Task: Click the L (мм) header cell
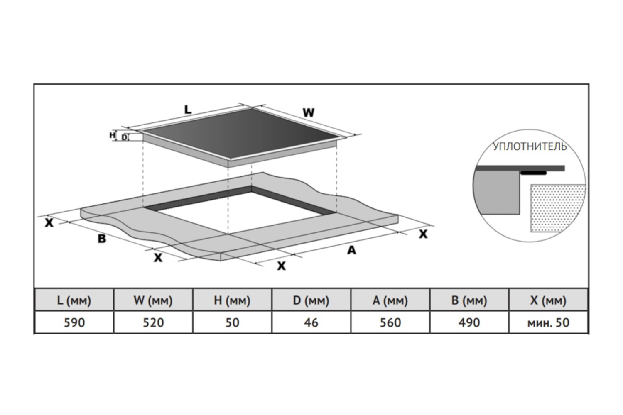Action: point(74,300)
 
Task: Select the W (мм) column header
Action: point(153,300)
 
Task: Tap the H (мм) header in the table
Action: point(232,300)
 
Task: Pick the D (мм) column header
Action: point(311,300)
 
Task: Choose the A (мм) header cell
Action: point(390,300)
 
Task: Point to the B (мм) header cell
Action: point(469,300)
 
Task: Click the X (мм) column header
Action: point(548,300)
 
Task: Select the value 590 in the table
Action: point(74,322)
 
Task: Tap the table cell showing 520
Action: point(153,322)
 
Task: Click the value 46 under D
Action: point(311,322)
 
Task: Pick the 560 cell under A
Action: point(390,322)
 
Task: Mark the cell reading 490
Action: point(469,322)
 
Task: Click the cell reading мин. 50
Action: point(548,322)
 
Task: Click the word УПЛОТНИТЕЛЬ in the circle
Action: point(530,146)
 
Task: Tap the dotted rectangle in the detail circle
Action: point(557,207)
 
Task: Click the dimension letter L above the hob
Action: point(188,110)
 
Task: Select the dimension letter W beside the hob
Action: point(308,112)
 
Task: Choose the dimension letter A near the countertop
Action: point(351,250)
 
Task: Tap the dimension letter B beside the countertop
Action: point(102,239)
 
